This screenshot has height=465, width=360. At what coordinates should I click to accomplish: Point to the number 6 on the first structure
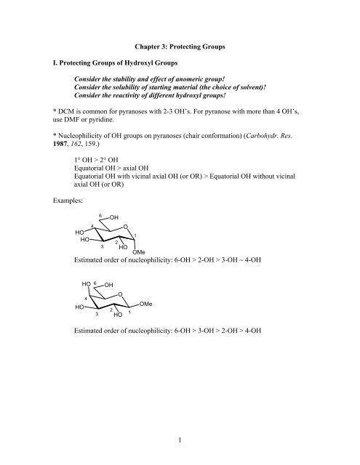[x=100, y=233]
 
